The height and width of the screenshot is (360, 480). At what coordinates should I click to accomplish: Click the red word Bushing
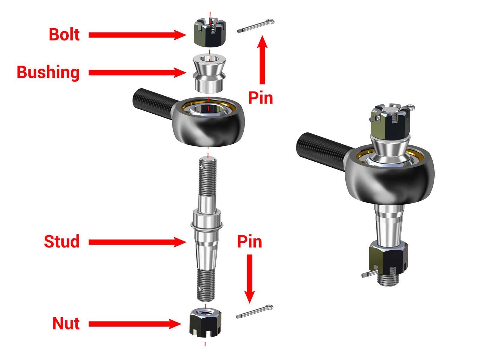coord(48,72)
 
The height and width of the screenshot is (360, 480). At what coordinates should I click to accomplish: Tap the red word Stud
coord(62,241)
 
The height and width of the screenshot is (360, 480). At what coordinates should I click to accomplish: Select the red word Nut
coord(66,323)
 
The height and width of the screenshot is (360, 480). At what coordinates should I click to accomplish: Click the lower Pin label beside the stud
coord(250,241)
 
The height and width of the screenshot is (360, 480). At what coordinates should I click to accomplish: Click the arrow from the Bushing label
coord(135,73)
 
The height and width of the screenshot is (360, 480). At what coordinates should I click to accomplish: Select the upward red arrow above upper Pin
coord(263,60)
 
